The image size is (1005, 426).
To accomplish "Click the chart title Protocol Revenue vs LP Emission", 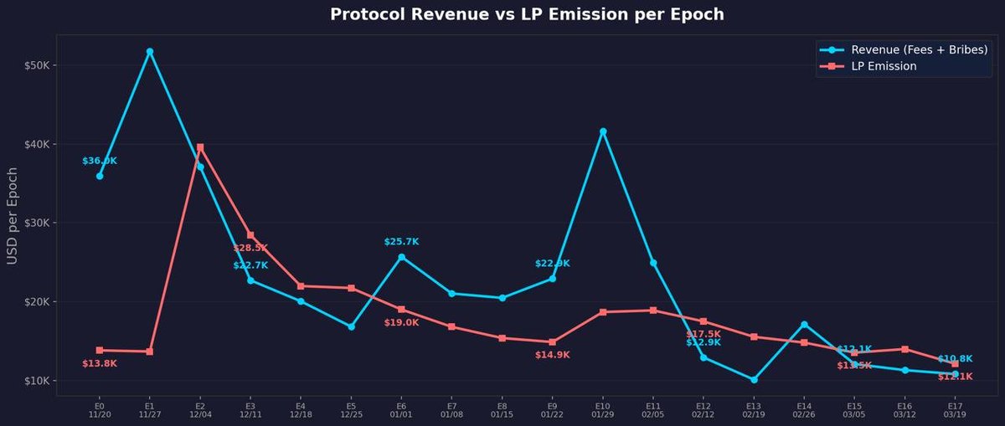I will [527, 14].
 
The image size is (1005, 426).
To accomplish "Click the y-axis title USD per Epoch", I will [13, 216].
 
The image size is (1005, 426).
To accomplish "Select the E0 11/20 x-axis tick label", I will [99, 409].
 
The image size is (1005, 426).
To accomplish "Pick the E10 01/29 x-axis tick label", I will [602, 409].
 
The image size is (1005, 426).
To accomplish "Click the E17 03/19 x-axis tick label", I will [955, 409].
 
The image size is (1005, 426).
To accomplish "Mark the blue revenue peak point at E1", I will [150, 52].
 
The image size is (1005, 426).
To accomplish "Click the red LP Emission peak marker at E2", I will [200, 147].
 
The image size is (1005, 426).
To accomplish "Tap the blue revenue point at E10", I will [603, 131].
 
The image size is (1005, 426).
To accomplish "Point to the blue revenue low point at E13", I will [754, 380].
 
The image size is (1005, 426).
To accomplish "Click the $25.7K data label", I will [401, 242].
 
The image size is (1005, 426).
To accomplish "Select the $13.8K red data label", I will [100, 364].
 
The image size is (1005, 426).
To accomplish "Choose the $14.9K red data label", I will [552, 356].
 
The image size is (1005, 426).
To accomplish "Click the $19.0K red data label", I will [401, 323].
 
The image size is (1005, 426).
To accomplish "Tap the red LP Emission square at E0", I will [100, 350].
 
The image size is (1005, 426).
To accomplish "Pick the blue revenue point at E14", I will [804, 325].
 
